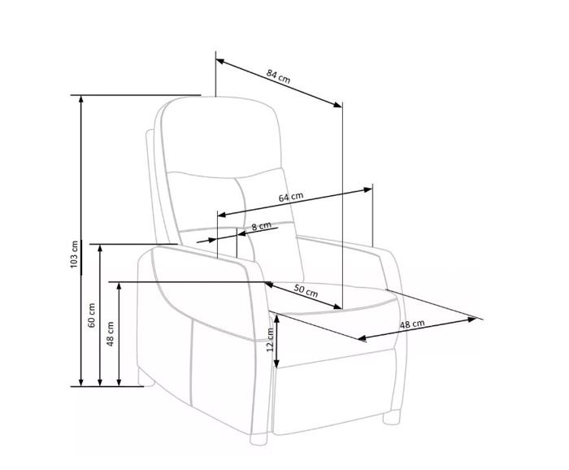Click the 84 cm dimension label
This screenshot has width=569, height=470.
coord(278,76)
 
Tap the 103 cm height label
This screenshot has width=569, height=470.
coord(75,254)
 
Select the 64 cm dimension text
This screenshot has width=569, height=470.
coord(291,197)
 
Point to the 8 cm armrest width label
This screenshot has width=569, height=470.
coord(261,226)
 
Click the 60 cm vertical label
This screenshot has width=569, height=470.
coord(91,315)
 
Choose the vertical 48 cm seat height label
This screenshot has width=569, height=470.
coord(111,333)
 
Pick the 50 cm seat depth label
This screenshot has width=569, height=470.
coord(306,291)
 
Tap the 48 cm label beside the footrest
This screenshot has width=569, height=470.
coord(412,324)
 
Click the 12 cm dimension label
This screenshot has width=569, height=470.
coord(270,340)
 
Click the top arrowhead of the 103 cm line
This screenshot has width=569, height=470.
coord(81,98)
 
